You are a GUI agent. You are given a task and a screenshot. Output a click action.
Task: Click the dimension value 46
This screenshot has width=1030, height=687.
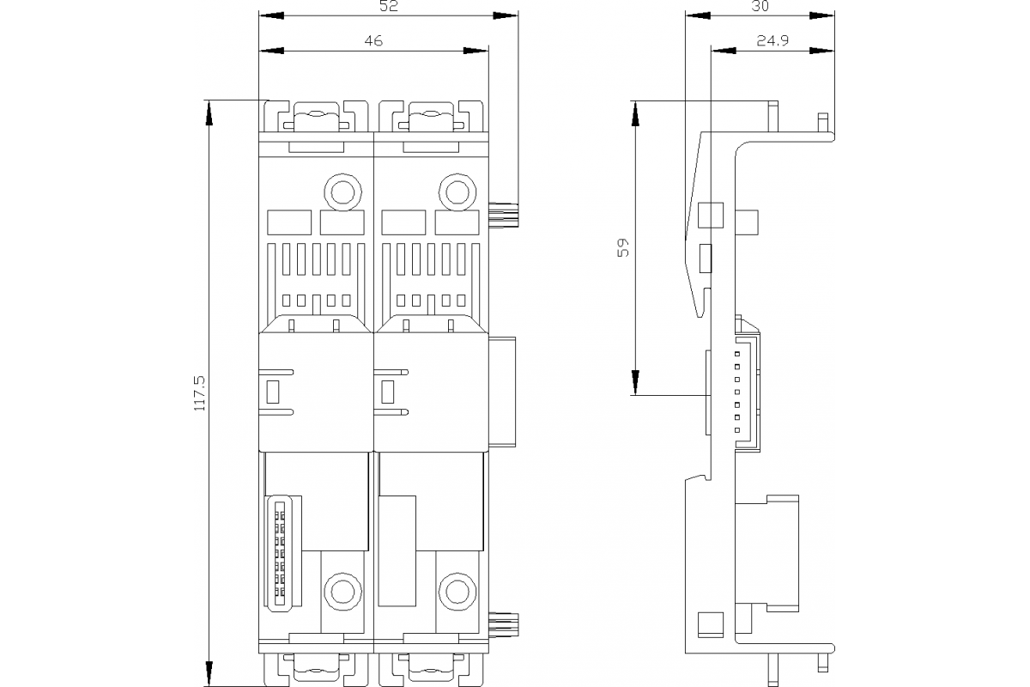point(373,40)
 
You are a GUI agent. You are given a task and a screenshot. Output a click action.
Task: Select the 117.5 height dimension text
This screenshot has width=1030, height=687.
point(200,392)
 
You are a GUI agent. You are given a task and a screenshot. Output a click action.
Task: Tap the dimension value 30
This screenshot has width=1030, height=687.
point(760,7)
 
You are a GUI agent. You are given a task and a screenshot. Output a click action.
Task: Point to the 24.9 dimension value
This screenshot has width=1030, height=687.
point(772,40)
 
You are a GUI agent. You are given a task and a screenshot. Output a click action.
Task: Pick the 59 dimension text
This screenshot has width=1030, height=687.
point(624,248)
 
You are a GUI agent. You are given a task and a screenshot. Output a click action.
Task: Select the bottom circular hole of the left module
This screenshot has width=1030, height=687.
point(342,592)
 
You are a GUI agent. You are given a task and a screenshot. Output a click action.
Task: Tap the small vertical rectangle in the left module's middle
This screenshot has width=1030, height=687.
point(274,392)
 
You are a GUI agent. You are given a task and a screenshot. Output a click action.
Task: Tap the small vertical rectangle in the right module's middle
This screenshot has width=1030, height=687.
point(388,392)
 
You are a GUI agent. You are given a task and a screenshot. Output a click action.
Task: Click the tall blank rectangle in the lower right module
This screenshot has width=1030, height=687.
point(397,551)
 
